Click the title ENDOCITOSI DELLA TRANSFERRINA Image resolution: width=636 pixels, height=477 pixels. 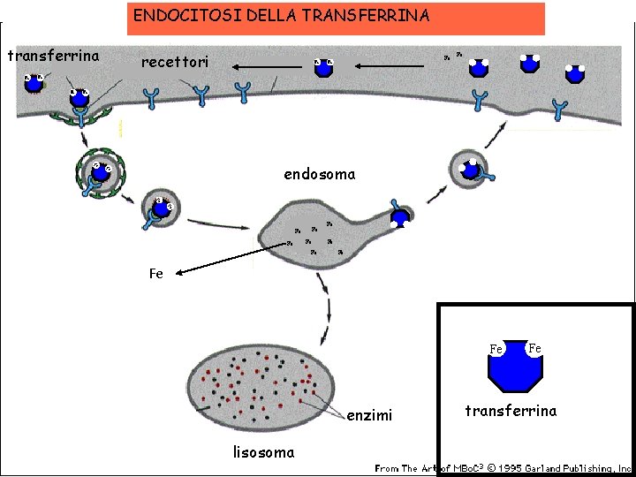(281, 16)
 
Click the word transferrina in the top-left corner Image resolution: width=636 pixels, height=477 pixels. (53, 57)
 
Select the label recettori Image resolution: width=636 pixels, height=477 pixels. (175, 64)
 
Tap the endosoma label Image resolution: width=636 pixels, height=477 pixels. (319, 174)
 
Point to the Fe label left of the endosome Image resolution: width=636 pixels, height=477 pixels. (155, 274)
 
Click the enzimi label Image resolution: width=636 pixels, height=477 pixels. (369, 415)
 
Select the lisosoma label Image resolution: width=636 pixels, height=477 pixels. (263, 453)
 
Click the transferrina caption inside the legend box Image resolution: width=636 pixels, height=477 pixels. (511, 411)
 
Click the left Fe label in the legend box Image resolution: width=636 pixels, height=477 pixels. (496, 349)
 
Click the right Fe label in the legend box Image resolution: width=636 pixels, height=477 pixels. (534, 348)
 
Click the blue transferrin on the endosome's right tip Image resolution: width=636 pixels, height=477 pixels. (400, 215)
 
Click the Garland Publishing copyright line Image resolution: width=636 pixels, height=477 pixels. (503, 468)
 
